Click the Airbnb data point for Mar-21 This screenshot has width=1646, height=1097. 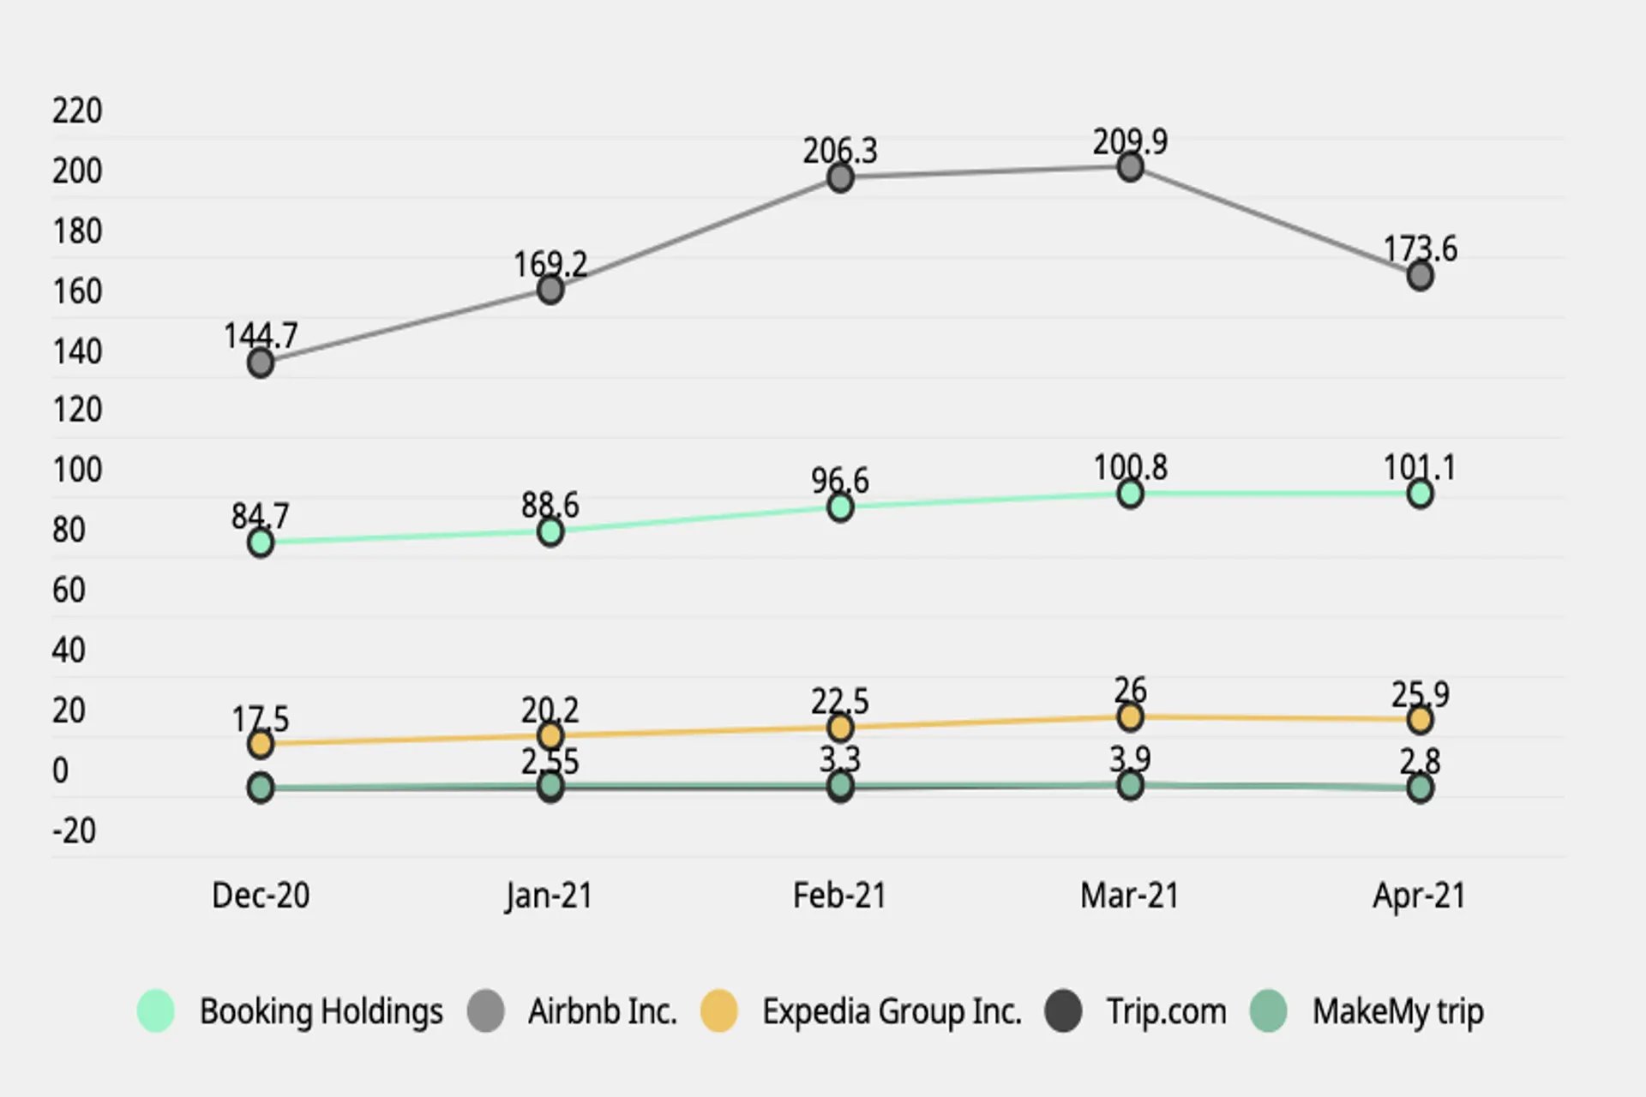(x=1130, y=167)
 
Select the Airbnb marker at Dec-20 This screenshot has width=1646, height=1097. (x=261, y=363)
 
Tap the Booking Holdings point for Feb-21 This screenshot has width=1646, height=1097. (x=840, y=507)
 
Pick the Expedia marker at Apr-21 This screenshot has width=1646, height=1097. (x=1420, y=719)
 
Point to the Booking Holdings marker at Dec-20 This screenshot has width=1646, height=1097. (x=261, y=543)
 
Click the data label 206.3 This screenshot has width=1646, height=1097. (x=840, y=151)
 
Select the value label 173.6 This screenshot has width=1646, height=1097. (x=1420, y=249)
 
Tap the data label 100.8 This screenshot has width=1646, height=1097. (x=1130, y=467)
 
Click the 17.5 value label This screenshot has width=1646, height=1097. (x=261, y=719)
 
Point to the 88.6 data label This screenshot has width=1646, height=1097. (x=550, y=505)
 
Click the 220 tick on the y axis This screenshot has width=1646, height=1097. (x=77, y=111)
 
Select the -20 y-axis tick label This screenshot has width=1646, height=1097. (x=74, y=830)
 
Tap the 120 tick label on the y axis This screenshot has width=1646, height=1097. (x=77, y=410)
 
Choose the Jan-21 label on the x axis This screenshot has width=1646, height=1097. (x=549, y=896)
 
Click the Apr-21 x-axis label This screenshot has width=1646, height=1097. (x=1420, y=896)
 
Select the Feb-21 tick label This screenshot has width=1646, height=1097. (x=839, y=896)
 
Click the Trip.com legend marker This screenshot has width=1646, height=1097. (x=1063, y=1010)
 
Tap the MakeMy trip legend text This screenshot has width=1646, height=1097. (x=1398, y=1012)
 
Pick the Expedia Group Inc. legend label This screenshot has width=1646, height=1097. (x=892, y=1012)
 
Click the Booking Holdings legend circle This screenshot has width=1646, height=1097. (x=156, y=1010)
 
